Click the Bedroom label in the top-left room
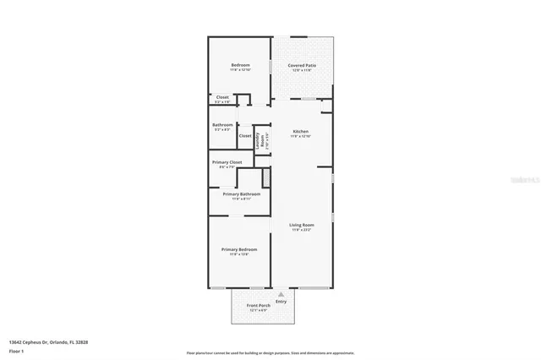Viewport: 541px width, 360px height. coord(240,65)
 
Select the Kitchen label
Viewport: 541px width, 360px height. coord(300,131)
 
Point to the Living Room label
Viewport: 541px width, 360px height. coord(301,224)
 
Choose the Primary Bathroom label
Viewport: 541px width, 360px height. coord(241,194)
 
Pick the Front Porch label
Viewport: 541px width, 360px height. coord(258,304)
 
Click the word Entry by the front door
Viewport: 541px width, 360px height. coord(281,302)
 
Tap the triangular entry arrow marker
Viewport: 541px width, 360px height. coord(281,294)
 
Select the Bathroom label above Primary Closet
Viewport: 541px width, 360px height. coord(222,125)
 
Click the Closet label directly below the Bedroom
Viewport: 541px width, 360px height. coord(222,97)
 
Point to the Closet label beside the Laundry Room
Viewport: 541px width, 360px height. coord(244,135)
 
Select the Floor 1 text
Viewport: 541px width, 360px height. coord(16,350)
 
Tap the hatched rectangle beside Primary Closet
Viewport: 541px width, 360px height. coord(266,177)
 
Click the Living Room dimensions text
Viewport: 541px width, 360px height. coord(301,229)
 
